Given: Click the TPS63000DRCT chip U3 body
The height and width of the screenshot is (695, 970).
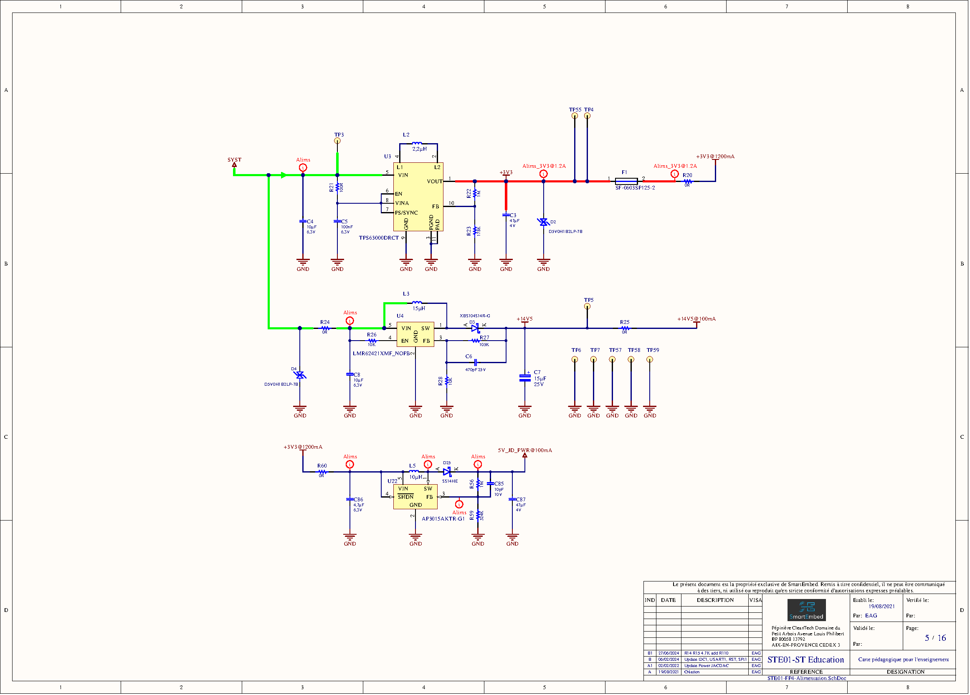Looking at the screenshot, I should [x=418, y=197].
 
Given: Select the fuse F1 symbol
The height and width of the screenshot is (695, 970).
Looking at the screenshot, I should [x=626, y=181].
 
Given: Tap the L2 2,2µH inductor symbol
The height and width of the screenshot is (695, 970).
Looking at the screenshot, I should [x=417, y=144].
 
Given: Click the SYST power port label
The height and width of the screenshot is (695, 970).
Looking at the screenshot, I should [x=234, y=160].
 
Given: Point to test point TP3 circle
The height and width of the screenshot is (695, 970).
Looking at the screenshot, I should [x=337, y=141].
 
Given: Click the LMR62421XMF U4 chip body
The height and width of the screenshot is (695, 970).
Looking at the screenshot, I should [x=415, y=334].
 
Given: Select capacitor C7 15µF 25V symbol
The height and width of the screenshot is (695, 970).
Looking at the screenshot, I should [x=525, y=377].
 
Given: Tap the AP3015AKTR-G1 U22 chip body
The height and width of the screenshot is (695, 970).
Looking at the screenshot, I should [x=415, y=496].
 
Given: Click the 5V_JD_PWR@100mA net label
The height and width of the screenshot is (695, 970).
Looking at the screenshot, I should [x=525, y=450].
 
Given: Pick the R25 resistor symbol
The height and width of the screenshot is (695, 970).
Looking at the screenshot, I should [x=625, y=328].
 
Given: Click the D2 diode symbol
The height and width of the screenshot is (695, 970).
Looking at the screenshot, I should [x=544, y=222].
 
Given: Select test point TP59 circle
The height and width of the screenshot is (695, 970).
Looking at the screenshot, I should [x=650, y=359].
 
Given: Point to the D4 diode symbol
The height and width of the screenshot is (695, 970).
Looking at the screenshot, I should [x=300, y=375].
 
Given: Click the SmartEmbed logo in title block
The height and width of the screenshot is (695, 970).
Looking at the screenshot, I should [x=806, y=610].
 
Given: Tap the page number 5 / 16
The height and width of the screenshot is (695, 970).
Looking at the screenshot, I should [x=935, y=638].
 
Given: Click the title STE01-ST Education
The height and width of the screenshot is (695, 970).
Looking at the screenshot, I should [x=805, y=660].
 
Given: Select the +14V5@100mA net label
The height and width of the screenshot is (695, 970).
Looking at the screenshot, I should [x=696, y=319].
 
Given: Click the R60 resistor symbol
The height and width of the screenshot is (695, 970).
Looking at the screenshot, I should [x=322, y=472].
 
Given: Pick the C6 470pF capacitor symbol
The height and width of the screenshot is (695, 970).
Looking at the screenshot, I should [x=475, y=362].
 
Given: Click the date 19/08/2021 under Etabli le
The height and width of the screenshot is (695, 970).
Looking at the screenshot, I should [x=881, y=607].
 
